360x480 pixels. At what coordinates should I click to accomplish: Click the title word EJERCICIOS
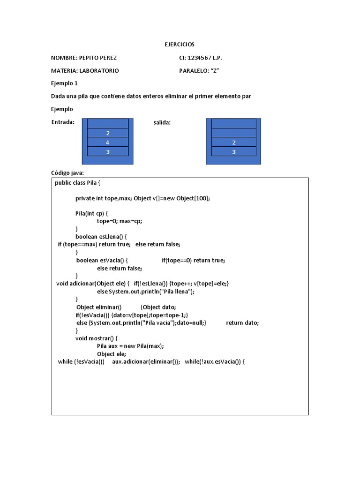pyautogui.click(x=180, y=45)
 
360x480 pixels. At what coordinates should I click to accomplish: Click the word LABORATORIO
pyautogui.click(x=99, y=71)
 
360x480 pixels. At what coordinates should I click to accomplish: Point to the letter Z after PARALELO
pyautogui.click(x=216, y=71)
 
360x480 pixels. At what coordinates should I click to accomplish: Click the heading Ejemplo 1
pyautogui.click(x=64, y=83)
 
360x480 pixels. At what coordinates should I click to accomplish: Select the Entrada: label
pyautogui.click(x=63, y=122)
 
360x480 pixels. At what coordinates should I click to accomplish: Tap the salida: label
pyautogui.click(x=162, y=123)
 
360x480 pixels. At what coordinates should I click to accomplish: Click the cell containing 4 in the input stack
pyautogui.click(x=108, y=142)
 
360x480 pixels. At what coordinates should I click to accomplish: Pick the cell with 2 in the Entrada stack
pyautogui.click(x=108, y=133)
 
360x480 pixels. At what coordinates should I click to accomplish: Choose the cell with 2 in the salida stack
pyautogui.click(x=234, y=142)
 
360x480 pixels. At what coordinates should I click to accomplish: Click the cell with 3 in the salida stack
pyautogui.click(x=234, y=151)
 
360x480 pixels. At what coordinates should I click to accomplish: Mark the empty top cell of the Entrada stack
pyautogui.click(x=108, y=124)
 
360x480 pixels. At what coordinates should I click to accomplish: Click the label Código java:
pyautogui.click(x=67, y=173)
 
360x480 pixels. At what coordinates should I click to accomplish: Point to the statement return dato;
pyautogui.click(x=242, y=322)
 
